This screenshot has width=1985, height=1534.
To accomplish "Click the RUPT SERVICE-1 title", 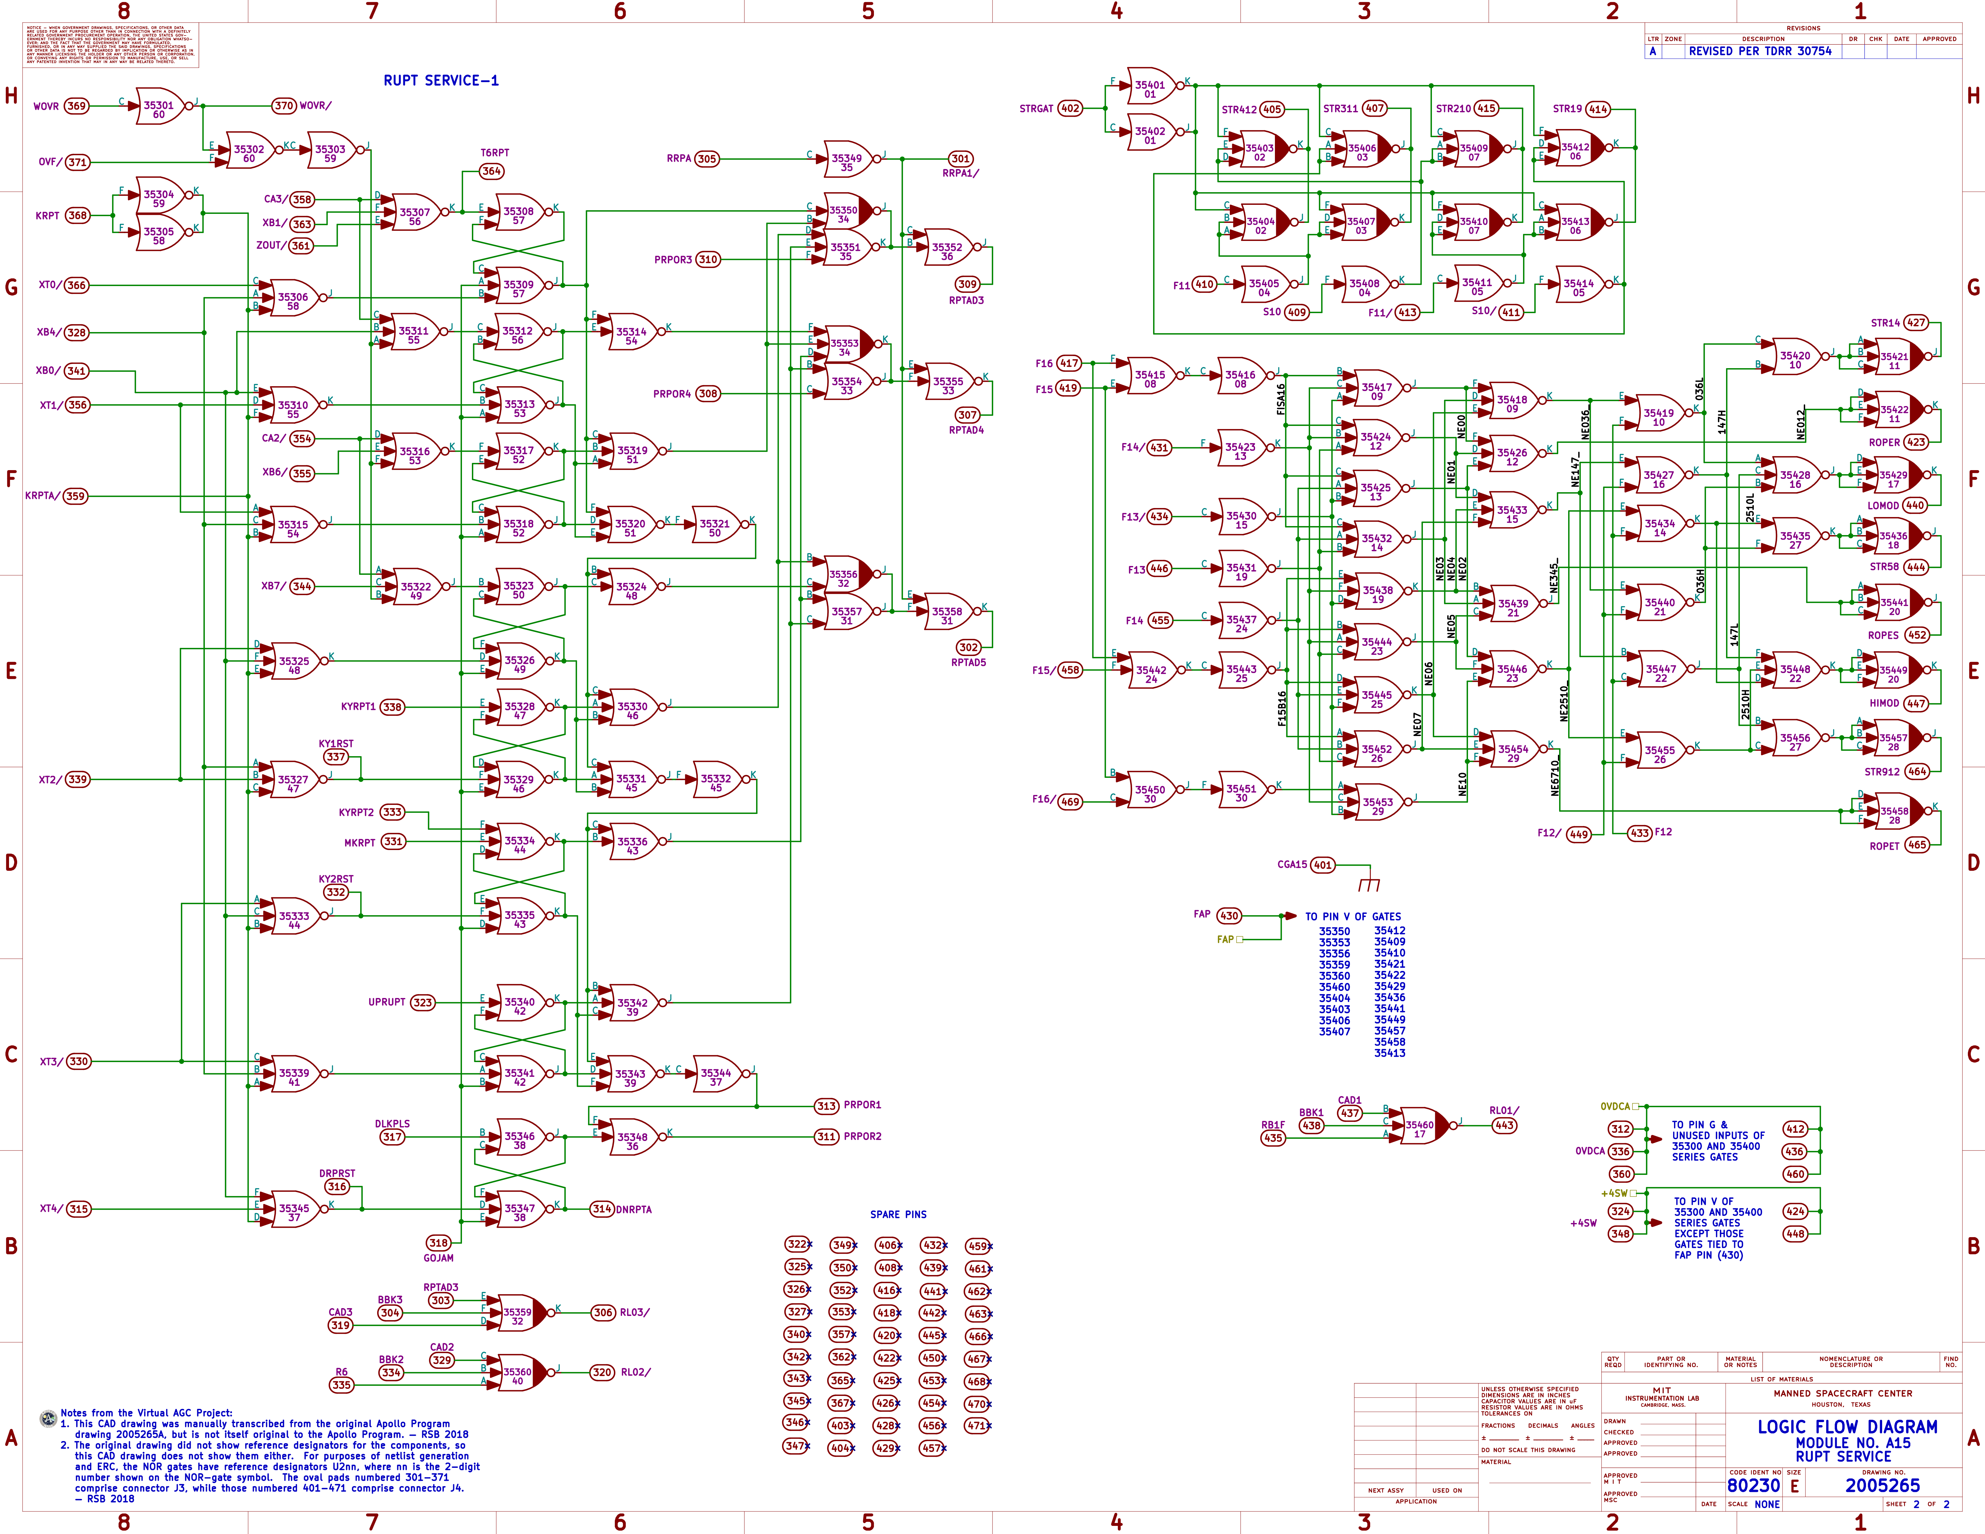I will (x=441, y=81).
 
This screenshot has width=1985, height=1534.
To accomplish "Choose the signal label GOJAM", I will (x=438, y=1258).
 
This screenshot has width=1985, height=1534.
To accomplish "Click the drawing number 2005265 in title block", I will (x=1882, y=1485).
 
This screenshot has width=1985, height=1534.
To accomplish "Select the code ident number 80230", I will (x=1753, y=1485).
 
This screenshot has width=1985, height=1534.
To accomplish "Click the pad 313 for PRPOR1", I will (x=826, y=1106).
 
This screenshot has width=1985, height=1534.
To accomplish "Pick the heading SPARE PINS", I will (x=898, y=1214).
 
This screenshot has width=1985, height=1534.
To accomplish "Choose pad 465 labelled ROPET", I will (x=1917, y=845).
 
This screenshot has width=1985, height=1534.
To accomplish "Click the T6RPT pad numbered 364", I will (x=492, y=171).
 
